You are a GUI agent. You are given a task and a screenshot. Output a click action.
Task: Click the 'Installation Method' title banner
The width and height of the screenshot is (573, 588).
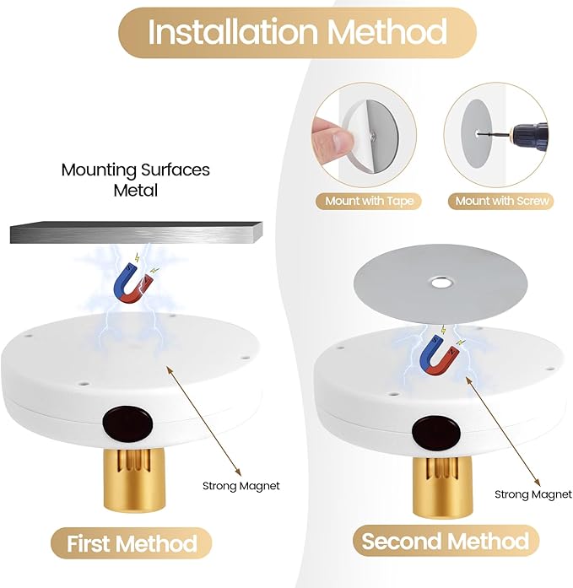pyautogui.click(x=297, y=33)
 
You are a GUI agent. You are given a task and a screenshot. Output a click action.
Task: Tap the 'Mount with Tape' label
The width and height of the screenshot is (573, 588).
pyautogui.click(x=369, y=201)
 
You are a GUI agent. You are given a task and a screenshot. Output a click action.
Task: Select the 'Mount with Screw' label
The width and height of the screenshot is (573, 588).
pyautogui.click(x=501, y=201)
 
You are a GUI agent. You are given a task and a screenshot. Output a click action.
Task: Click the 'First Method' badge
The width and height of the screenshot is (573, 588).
pyautogui.click(x=132, y=543)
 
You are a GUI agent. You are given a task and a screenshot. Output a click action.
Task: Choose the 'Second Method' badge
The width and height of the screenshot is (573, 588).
pyautogui.click(x=446, y=541)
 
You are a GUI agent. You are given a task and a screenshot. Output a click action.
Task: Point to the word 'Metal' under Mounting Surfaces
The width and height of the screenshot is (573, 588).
pyautogui.click(x=136, y=190)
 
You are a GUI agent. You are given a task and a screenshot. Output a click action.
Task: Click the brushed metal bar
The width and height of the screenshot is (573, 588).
pyautogui.click(x=136, y=233)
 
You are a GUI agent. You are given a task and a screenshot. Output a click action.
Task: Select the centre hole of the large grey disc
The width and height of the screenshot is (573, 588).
pyautogui.click(x=441, y=282)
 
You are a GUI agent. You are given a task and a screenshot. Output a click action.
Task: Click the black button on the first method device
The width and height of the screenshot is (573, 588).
pyautogui.click(x=127, y=423)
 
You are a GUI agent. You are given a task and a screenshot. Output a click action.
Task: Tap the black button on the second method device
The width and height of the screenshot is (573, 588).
pyautogui.click(x=436, y=433)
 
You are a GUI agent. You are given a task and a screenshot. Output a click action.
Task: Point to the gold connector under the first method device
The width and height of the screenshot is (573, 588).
pyautogui.click(x=127, y=480)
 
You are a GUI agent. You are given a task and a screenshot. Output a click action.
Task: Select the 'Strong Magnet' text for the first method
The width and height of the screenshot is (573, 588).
pyautogui.click(x=241, y=486)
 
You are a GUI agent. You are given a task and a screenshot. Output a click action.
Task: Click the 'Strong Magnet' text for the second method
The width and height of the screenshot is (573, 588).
pyautogui.click(x=533, y=494)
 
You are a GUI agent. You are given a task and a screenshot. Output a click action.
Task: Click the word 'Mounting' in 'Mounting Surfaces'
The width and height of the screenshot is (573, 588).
pyautogui.click(x=99, y=170)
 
